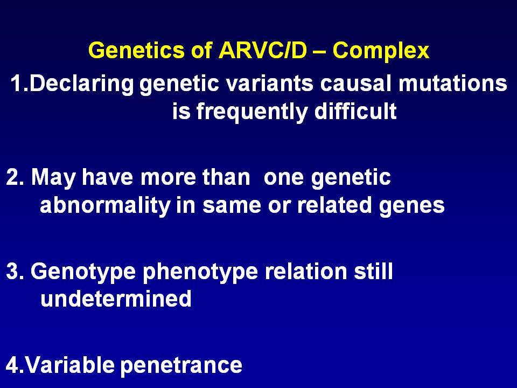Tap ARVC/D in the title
click(262, 50)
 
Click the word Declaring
click(81, 85)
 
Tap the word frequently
click(252, 113)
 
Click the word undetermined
click(116, 299)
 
